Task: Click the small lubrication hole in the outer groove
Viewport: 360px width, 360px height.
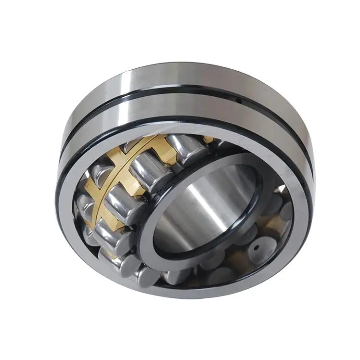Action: click(x=239, y=101)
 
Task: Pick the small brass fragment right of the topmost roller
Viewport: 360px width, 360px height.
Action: click(x=208, y=140)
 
